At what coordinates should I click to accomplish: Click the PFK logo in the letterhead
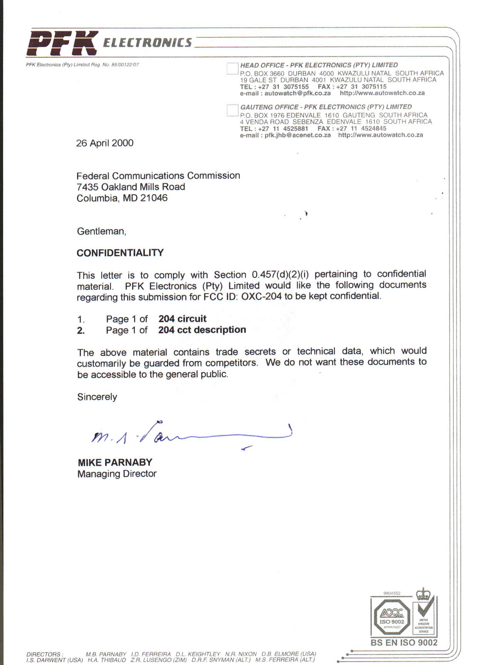(62, 43)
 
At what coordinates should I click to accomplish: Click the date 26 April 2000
(105, 143)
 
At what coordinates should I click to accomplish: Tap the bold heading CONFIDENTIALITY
(120, 253)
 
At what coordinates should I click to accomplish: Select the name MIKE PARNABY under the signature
(115, 463)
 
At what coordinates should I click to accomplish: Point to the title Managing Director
(117, 474)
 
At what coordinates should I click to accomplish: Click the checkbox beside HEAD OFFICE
(232, 69)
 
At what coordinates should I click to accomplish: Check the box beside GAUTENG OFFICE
(232, 110)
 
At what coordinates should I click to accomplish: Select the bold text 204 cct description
(202, 330)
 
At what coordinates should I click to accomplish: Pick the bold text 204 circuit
(182, 319)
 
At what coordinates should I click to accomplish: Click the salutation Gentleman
(102, 231)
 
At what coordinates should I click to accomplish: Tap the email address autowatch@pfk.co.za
(297, 93)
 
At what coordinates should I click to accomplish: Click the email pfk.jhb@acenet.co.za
(297, 135)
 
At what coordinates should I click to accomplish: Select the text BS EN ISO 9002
(404, 643)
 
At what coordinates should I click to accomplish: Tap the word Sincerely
(97, 397)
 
